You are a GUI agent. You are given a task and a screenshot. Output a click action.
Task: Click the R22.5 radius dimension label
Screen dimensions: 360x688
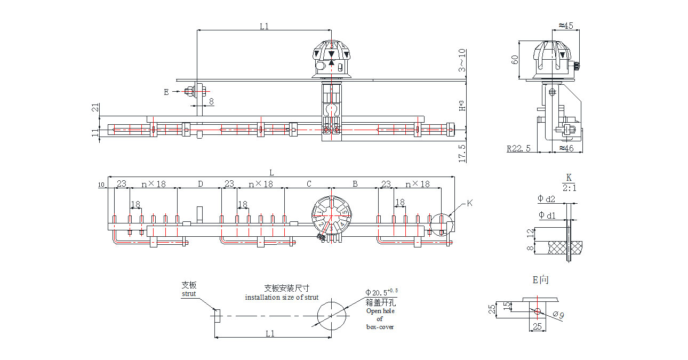[518, 149]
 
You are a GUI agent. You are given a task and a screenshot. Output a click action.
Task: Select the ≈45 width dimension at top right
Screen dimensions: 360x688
[566, 26]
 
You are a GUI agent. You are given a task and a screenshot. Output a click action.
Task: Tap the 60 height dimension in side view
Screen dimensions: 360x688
[515, 59]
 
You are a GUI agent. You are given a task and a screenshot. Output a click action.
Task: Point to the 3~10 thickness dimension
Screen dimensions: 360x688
[462, 60]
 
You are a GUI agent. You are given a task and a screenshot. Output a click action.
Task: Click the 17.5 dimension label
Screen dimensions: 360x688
[462, 152]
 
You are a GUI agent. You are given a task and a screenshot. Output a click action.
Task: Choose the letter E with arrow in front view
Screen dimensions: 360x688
[167, 92]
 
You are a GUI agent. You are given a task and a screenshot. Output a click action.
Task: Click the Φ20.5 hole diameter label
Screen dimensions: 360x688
[381, 292]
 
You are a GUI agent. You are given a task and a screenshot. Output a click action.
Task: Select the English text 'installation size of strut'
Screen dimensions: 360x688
[282, 297]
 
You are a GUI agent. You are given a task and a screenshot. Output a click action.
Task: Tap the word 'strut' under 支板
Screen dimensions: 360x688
[188, 293]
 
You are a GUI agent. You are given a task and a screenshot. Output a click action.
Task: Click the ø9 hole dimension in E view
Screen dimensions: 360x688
[558, 316]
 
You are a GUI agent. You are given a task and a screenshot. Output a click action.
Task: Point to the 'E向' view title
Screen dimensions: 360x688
[540, 280]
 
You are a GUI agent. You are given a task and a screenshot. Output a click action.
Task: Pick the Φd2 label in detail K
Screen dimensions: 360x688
[547, 199]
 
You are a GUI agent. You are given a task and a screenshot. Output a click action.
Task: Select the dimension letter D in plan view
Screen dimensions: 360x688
[201, 184]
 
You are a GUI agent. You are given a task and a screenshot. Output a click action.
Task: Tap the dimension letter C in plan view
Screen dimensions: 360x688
[309, 184]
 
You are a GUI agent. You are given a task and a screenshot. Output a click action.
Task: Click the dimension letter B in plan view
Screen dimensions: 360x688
[355, 184]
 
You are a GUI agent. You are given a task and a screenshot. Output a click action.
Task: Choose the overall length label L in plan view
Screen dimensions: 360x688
[271, 172]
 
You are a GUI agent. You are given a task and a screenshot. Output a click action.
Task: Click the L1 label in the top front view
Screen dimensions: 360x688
[265, 26]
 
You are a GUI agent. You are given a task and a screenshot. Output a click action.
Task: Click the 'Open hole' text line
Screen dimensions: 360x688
[380, 311]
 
